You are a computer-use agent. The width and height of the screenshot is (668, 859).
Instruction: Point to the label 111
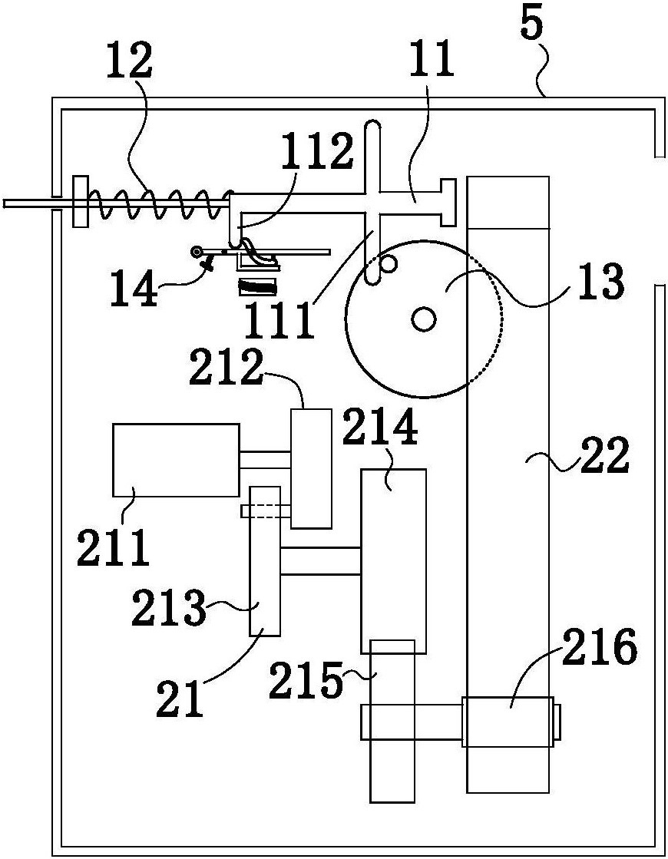point(279,319)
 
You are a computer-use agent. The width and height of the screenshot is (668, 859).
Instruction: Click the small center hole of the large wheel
point(423,318)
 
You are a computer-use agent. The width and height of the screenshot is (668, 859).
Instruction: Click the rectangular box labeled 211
point(176,460)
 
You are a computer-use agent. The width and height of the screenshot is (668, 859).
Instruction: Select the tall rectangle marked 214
point(393,561)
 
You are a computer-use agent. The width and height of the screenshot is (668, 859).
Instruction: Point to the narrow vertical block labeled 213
point(265,561)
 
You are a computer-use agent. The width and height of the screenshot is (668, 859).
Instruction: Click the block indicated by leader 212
point(311,468)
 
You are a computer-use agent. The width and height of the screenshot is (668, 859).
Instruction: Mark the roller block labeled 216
point(508,722)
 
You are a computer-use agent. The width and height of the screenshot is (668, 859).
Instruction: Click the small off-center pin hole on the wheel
point(388,264)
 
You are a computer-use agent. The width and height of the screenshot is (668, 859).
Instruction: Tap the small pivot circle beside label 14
point(196,252)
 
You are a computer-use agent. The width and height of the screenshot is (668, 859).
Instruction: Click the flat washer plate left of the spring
point(80,202)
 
